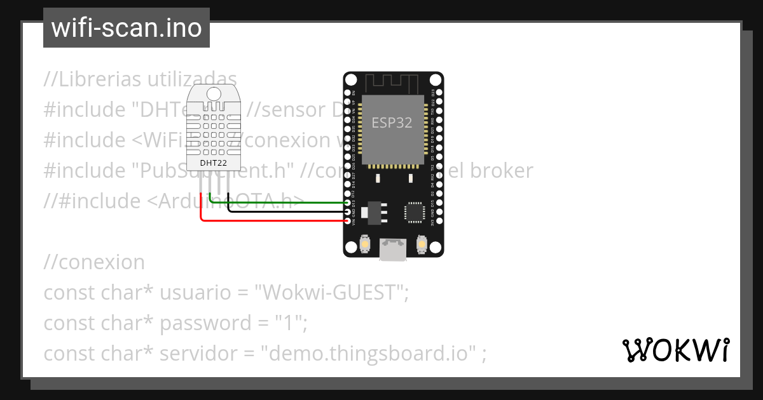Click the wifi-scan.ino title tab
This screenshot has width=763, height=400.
pos(127,28)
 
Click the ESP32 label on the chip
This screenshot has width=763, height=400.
pos(392,123)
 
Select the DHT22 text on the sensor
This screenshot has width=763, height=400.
pos(214,163)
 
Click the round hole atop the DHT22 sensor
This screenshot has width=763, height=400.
pos(214,93)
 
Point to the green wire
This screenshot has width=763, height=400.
pos(280,203)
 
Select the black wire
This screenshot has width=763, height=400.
pos(286,211)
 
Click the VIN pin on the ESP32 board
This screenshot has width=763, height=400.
pos(347,220)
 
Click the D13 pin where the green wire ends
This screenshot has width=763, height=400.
pos(347,203)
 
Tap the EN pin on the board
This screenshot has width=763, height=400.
pos(347,93)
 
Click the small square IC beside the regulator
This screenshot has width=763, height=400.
pos(414,211)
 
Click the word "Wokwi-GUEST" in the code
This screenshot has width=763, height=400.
pos(331,293)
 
